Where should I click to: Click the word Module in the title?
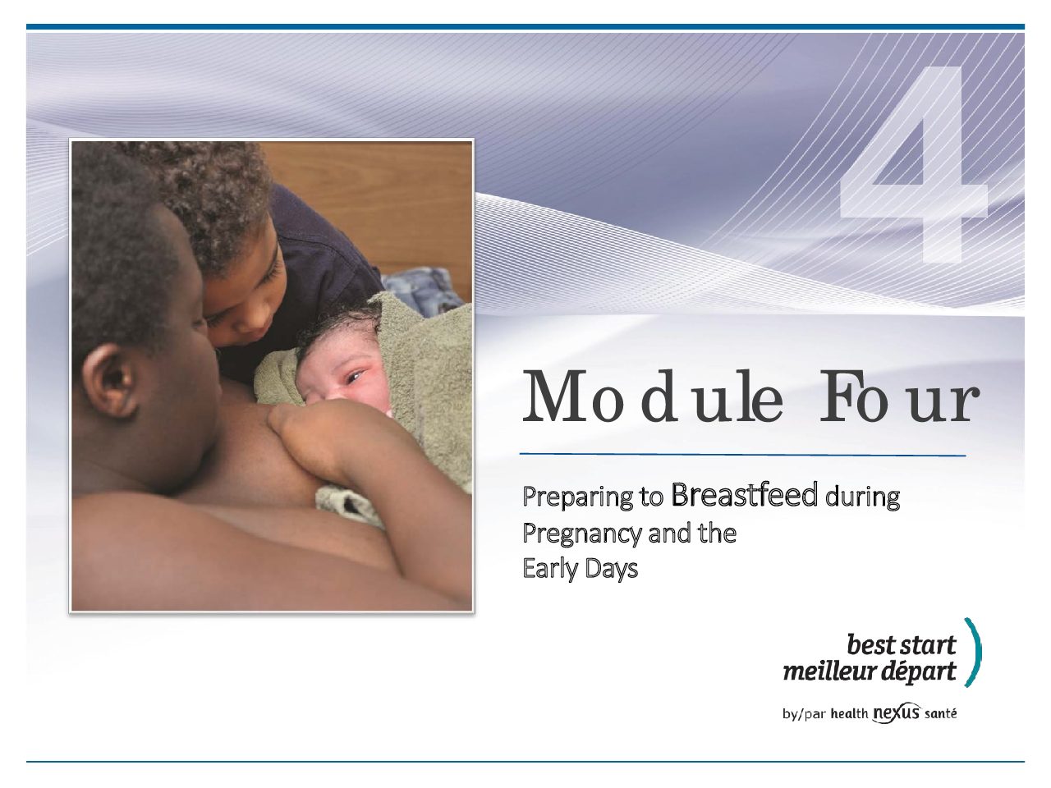tap(652, 396)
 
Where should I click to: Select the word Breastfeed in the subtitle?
tap(744, 495)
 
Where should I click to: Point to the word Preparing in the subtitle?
tap(578, 497)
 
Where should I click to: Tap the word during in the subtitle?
tap(862, 497)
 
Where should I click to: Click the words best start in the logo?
tap(901, 645)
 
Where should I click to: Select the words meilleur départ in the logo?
tap(870, 671)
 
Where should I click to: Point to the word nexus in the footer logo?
tap(896, 713)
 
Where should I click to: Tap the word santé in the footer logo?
tap(940, 713)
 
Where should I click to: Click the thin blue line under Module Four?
tap(742, 455)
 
